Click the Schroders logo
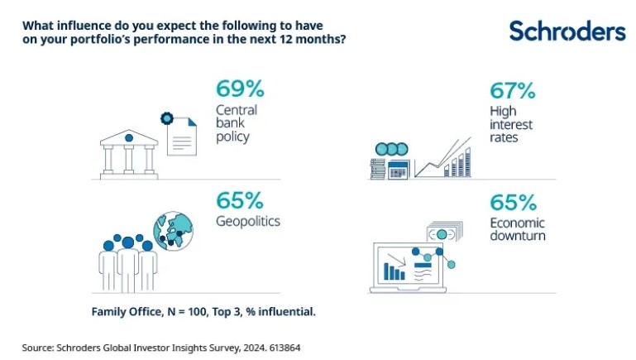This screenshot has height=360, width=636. click(x=567, y=31)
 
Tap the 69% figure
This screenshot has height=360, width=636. click(x=239, y=89)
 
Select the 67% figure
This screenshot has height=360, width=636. click(x=513, y=89)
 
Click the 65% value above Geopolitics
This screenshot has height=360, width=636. click(x=239, y=200)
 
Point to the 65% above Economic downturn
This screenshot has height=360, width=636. click(x=513, y=200)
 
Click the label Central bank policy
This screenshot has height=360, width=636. click(x=237, y=122)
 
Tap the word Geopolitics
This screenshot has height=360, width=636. click(x=247, y=222)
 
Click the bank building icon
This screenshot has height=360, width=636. click(x=128, y=151)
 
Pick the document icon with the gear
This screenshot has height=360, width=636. click(x=182, y=132)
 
